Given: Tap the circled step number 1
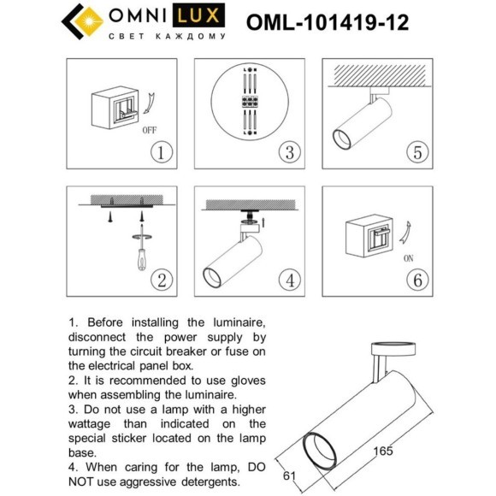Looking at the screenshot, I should click(x=161, y=153).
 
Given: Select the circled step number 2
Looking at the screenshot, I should click(x=161, y=279).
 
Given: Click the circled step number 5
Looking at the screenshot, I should click(x=416, y=153).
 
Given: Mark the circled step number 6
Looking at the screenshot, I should click(x=416, y=279).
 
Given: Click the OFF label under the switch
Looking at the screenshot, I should click(x=148, y=131).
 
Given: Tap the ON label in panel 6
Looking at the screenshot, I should click(x=408, y=257).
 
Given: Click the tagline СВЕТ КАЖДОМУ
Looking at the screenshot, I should click(x=168, y=38).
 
